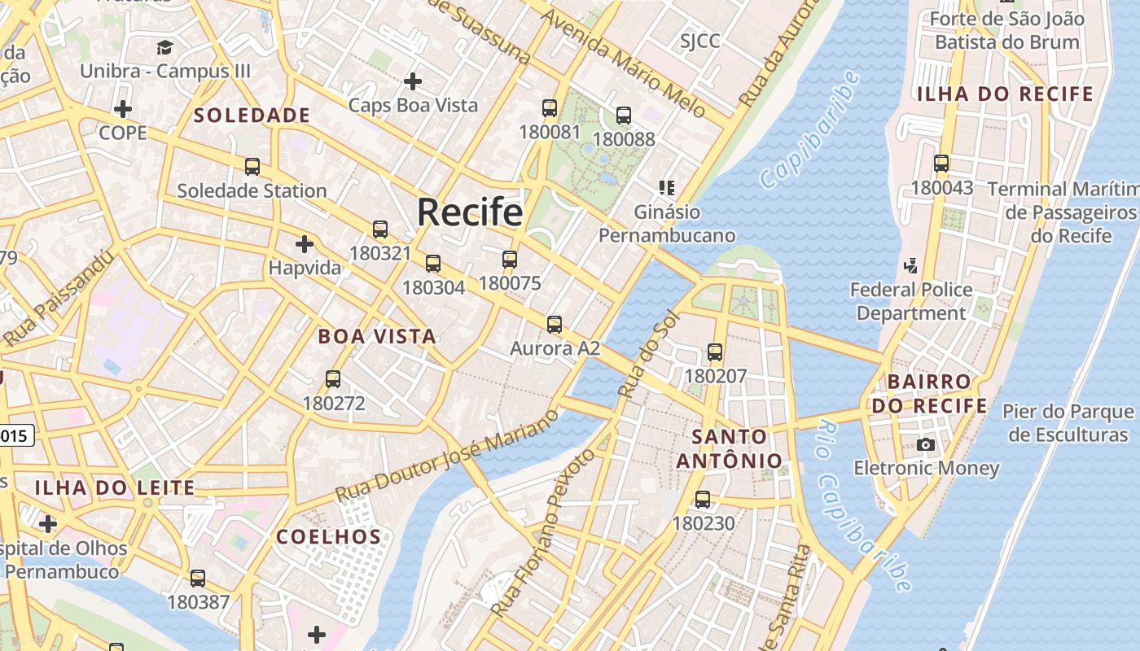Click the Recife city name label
pyautogui.click(x=470, y=212)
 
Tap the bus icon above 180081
pyautogui.click(x=550, y=108)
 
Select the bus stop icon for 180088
pyautogui.click(x=624, y=116)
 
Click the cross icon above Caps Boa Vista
pyautogui.click(x=413, y=81)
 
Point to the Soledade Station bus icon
pyautogui.click(x=252, y=167)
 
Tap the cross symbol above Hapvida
pyautogui.click(x=305, y=243)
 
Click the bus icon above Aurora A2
pyautogui.click(x=555, y=325)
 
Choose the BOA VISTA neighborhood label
pyautogui.click(x=377, y=336)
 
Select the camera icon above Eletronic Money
pyautogui.click(x=926, y=444)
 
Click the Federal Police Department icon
pyautogui.click(x=911, y=265)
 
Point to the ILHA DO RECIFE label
pyautogui.click(x=1005, y=94)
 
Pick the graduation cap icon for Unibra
pyautogui.click(x=165, y=47)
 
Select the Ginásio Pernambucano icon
pyautogui.click(x=667, y=188)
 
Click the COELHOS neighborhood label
pyautogui.click(x=329, y=537)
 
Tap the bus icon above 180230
pyautogui.click(x=703, y=500)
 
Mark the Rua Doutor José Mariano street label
pyautogui.click(x=447, y=456)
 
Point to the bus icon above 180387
pyautogui.click(x=198, y=579)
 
